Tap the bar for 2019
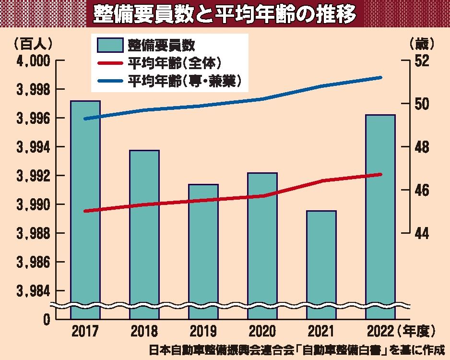click(203, 250)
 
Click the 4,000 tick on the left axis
click(34, 61)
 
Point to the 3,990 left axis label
click(34, 205)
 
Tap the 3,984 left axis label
click(34, 291)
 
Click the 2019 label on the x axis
click(203, 331)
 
